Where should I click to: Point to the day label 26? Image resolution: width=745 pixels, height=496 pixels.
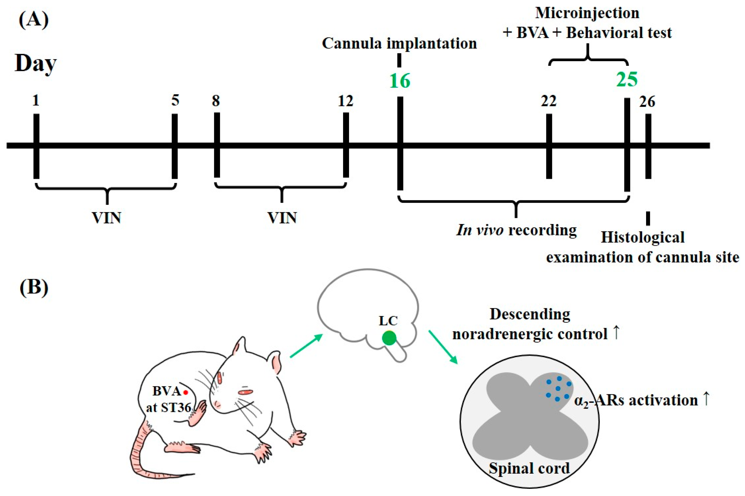point(647,102)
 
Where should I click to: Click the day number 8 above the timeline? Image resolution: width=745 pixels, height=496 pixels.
point(216,102)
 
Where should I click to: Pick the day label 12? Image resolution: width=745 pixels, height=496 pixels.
point(345,102)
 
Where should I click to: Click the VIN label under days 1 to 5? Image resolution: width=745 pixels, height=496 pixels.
point(106,218)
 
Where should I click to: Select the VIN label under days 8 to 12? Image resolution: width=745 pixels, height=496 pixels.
point(282,218)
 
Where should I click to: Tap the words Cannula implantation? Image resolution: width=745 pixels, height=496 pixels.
point(399,43)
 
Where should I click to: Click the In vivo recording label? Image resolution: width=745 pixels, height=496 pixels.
point(516,230)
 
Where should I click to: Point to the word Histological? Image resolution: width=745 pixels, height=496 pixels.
point(642,237)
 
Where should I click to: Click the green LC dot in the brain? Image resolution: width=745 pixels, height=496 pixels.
point(389,338)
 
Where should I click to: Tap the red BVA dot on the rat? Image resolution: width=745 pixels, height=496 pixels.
point(186,392)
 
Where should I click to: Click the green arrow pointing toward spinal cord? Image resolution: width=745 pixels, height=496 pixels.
point(442,347)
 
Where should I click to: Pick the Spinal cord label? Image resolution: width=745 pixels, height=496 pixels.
point(529,469)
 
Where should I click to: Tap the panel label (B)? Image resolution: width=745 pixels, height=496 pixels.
point(34,287)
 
